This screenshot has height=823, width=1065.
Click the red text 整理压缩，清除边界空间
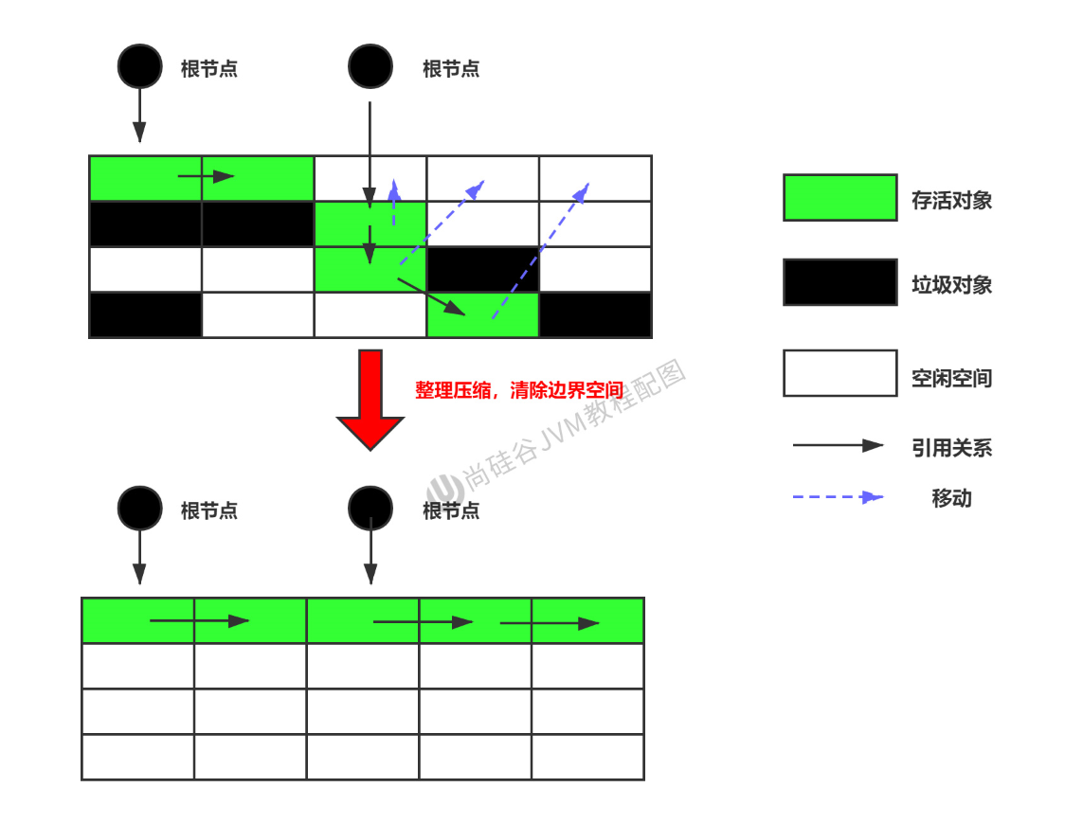point(519,390)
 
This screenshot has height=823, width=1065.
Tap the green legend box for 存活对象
point(839,198)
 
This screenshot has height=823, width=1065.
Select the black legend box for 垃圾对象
point(839,282)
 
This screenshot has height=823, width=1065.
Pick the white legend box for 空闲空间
point(839,373)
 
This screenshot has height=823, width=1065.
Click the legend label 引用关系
point(951,448)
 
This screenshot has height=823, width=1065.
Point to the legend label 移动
point(951,498)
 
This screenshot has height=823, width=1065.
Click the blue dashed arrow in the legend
point(838,496)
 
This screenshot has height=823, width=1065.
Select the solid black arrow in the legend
point(838,445)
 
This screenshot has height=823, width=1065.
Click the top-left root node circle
point(139,66)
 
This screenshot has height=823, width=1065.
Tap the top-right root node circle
point(370,66)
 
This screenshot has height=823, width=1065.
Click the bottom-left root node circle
point(139,509)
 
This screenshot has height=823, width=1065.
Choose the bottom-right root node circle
point(370,509)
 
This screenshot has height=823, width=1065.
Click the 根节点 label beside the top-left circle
point(208,69)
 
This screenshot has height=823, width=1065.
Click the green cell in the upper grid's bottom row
point(482,315)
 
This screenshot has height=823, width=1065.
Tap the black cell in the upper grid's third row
point(482,270)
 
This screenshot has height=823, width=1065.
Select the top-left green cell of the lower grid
point(138,620)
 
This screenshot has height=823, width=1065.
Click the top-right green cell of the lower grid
point(587,620)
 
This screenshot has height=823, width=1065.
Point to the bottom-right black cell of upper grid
point(595,315)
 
